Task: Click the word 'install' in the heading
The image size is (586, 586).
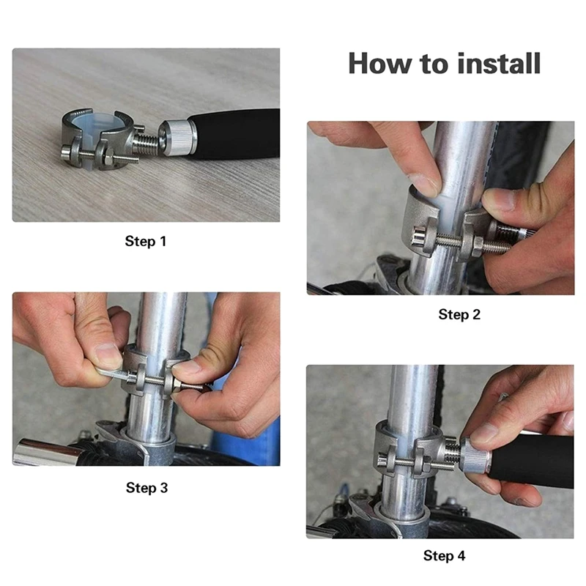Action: pos(499,64)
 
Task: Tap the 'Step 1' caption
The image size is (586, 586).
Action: pos(145,241)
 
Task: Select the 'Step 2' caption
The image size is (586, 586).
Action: pos(459,314)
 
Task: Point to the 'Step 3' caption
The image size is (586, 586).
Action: pos(147,487)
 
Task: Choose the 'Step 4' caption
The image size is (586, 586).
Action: pos(445,555)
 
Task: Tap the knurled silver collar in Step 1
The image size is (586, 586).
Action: pos(177,138)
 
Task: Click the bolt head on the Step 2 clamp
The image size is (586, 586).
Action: pos(418,237)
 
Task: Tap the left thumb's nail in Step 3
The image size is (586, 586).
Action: pos(108,355)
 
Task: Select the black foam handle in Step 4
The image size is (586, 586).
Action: pos(530,461)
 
